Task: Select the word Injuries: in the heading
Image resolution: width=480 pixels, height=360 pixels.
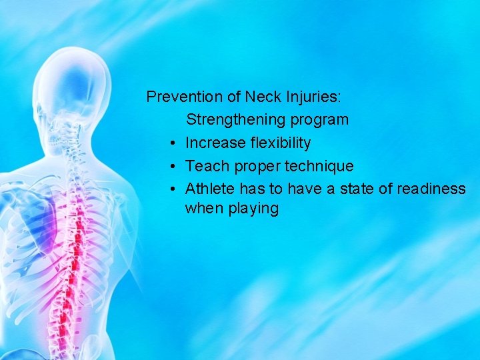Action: [313, 97]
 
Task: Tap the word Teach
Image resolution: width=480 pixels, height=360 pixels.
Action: [205, 165]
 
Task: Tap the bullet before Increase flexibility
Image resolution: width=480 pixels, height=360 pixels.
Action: [172, 143]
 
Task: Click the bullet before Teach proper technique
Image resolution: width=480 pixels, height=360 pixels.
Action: [172, 166]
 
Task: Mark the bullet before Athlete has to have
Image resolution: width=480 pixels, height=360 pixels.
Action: [172, 189]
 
